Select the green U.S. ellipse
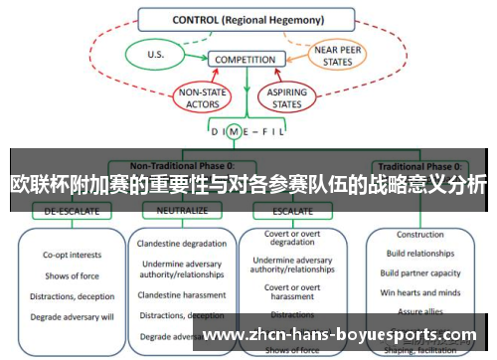tap(155, 54)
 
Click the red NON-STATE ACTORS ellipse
tap(202, 98)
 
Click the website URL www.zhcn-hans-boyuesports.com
tap(339, 335)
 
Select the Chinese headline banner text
tap(248, 185)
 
